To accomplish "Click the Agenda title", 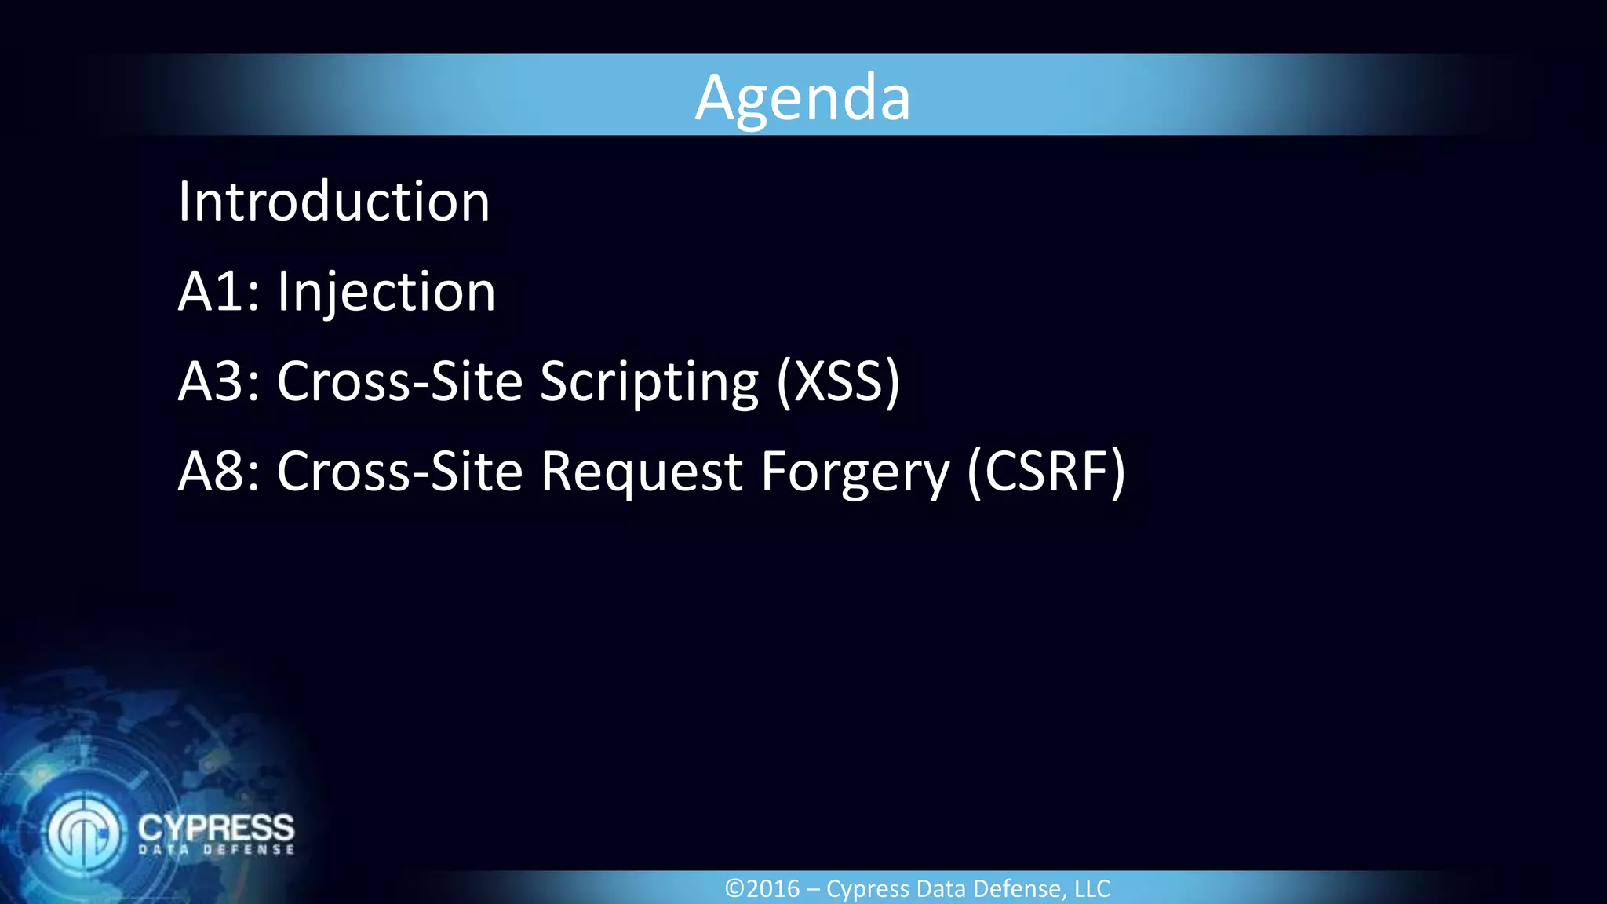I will coord(802,97).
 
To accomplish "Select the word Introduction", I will coord(333,202).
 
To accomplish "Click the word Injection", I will coord(386,292).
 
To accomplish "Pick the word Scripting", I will coord(649,382).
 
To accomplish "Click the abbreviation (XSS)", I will coord(838,382).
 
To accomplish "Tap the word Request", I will coord(641,472).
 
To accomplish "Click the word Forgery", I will coord(855,472).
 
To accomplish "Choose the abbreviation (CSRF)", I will coord(1046,472).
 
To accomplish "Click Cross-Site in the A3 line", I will coord(399,382).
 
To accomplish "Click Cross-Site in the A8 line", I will coord(399,472).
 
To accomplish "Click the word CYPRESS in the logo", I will coord(216,827).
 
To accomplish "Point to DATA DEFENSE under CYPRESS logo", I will coord(217,850).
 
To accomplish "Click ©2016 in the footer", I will coord(762,889).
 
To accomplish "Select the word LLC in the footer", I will coord(1091,889).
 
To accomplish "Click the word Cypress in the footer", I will coord(868,889).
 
